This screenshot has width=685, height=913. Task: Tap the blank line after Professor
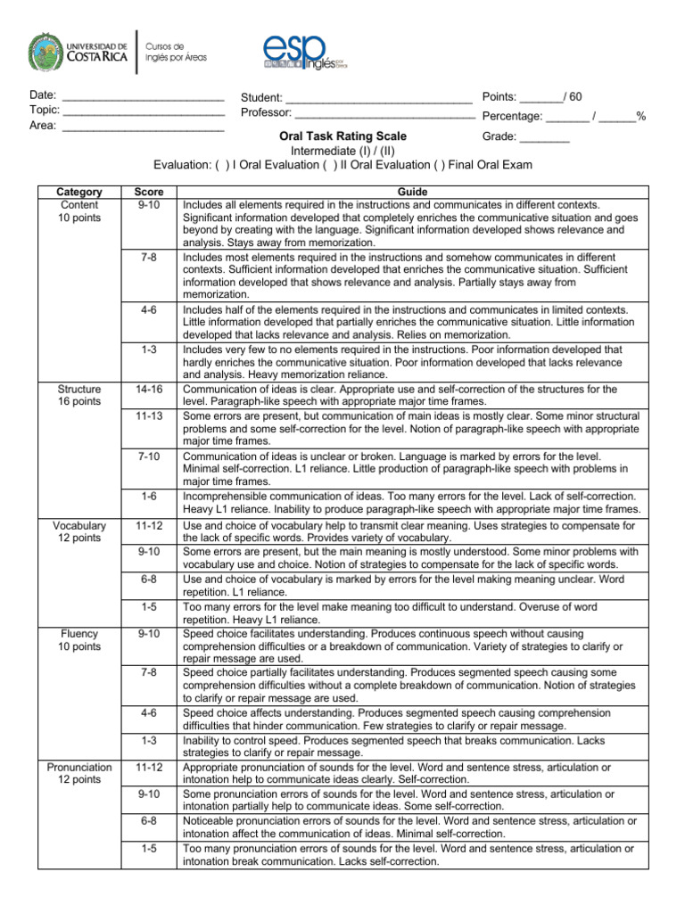384,116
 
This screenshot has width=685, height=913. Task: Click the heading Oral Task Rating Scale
342,136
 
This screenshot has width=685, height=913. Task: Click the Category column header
79,192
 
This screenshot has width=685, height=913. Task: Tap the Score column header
148,192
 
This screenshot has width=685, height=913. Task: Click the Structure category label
79,390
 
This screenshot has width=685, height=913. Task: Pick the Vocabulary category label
79,526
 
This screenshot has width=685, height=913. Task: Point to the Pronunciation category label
79,767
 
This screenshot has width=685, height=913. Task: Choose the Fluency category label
79,633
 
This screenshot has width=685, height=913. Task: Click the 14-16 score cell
148,390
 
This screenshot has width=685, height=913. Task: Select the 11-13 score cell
148,416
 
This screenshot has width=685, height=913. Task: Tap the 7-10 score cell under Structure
148,456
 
